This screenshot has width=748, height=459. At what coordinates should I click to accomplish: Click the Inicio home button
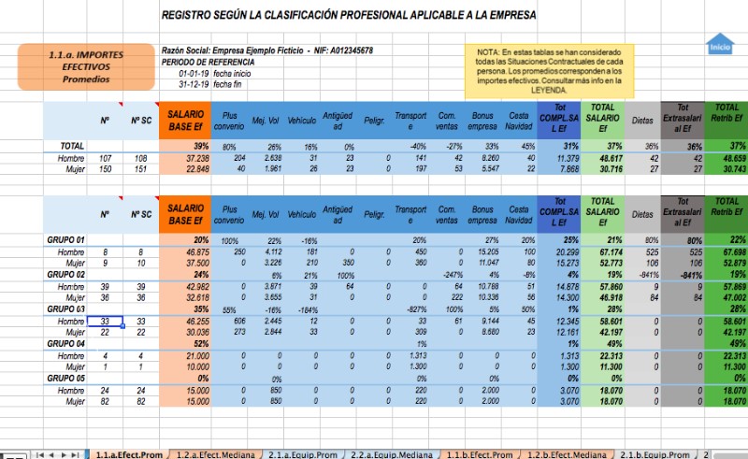coord(719,44)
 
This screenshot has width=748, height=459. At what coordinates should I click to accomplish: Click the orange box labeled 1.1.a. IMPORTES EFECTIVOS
coord(72,67)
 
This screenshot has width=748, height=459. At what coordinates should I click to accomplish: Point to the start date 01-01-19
coord(194,73)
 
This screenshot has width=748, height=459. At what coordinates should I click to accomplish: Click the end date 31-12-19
coord(194,84)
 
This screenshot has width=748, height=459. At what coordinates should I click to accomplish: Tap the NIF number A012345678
coord(341,50)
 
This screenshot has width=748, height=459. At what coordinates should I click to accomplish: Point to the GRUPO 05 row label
coord(66,379)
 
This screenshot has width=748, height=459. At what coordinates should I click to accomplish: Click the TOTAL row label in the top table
coord(60,147)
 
